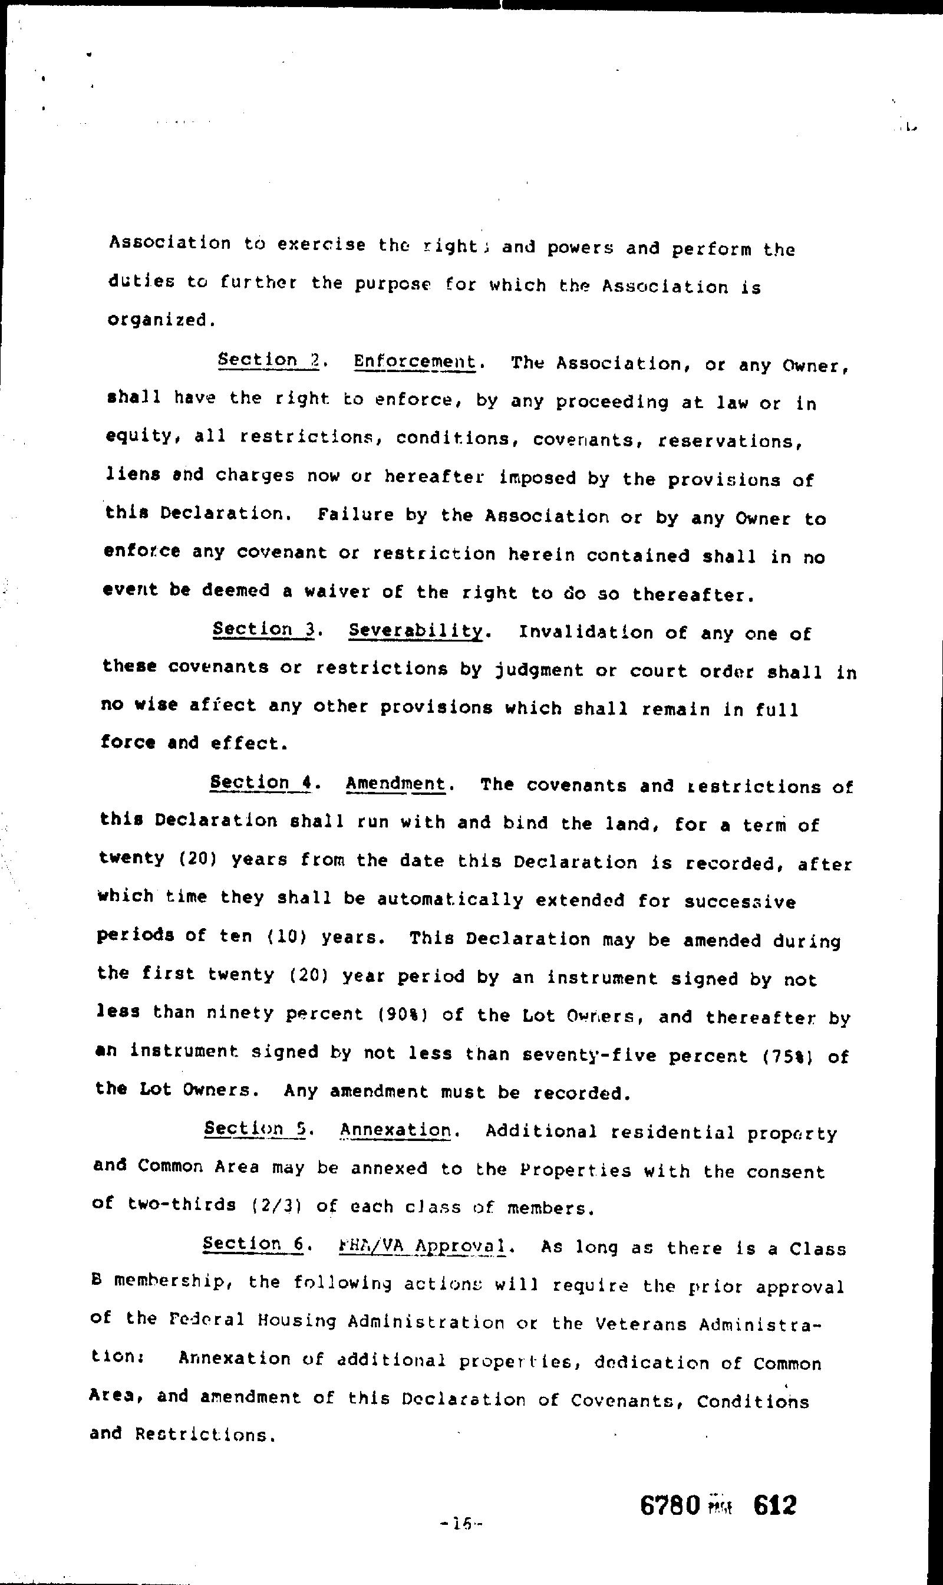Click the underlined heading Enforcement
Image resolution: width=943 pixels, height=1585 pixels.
pyautogui.click(x=414, y=362)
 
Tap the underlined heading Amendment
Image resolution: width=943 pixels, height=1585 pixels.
pyautogui.click(x=395, y=783)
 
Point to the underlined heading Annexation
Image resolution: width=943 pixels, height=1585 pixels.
pyautogui.click(x=395, y=1130)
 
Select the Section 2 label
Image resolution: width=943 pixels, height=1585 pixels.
pyautogui.click(x=268, y=360)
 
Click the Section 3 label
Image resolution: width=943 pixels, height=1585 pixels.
pyautogui.click(x=263, y=629)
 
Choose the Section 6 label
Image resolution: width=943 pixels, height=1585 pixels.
pyautogui.click(x=253, y=1244)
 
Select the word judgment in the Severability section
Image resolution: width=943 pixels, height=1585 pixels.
pyautogui.click(x=539, y=670)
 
